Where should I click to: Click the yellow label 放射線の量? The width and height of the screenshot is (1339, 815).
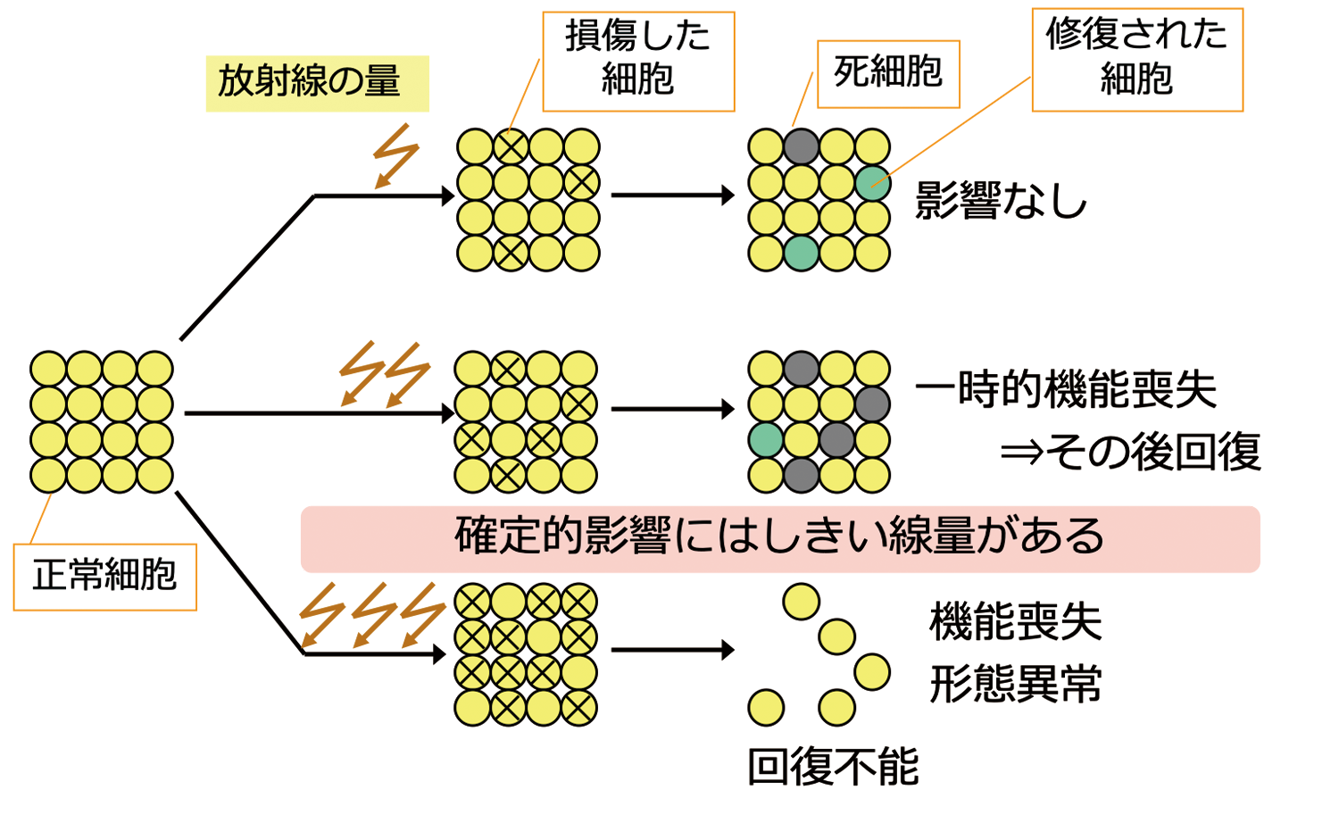(317, 83)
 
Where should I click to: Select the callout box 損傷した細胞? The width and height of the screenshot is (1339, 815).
(638, 61)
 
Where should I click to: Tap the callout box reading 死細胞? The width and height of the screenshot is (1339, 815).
(888, 73)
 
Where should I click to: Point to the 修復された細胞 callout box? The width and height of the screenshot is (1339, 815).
(1136, 59)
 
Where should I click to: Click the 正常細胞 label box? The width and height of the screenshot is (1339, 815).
(104, 576)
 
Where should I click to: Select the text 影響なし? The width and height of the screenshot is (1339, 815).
(1001, 201)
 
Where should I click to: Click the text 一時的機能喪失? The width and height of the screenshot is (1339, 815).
(1066, 390)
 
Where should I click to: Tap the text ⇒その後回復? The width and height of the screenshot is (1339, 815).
(1130, 452)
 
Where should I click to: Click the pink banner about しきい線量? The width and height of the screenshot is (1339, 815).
(779, 538)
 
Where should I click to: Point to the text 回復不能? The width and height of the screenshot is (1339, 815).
(832, 767)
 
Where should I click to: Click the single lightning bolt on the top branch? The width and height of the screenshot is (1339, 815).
(395, 155)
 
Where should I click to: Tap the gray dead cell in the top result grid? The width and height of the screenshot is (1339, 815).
(801, 146)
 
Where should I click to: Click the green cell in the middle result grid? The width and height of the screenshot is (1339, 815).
(766, 440)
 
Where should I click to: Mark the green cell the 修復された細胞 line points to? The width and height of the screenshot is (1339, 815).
(872, 183)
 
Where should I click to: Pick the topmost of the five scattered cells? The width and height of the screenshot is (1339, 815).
(801, 602)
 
